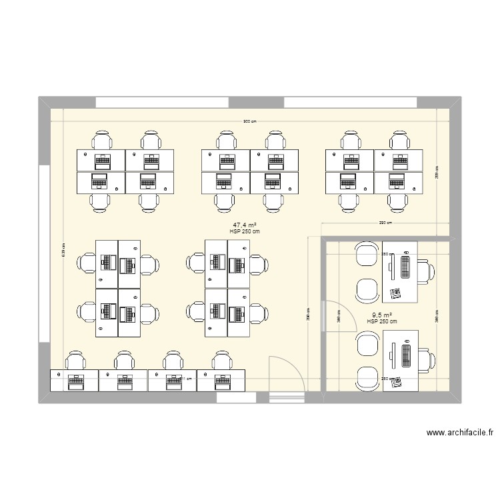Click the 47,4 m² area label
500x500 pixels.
tap(245, 225)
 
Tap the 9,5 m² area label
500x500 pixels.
tap(381, 315)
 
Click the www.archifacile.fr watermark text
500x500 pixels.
tap(459, 433)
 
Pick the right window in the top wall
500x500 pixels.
tap(351, 103)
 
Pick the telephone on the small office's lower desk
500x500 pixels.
tap(397, 381)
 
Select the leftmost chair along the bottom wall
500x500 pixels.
tap(75, 361)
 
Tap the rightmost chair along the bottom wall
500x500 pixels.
tap(221, 361)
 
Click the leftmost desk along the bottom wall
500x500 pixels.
tap(74, 381)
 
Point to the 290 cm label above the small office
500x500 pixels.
tap(385, 223)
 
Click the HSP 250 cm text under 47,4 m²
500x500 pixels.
tap(244, 232)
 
